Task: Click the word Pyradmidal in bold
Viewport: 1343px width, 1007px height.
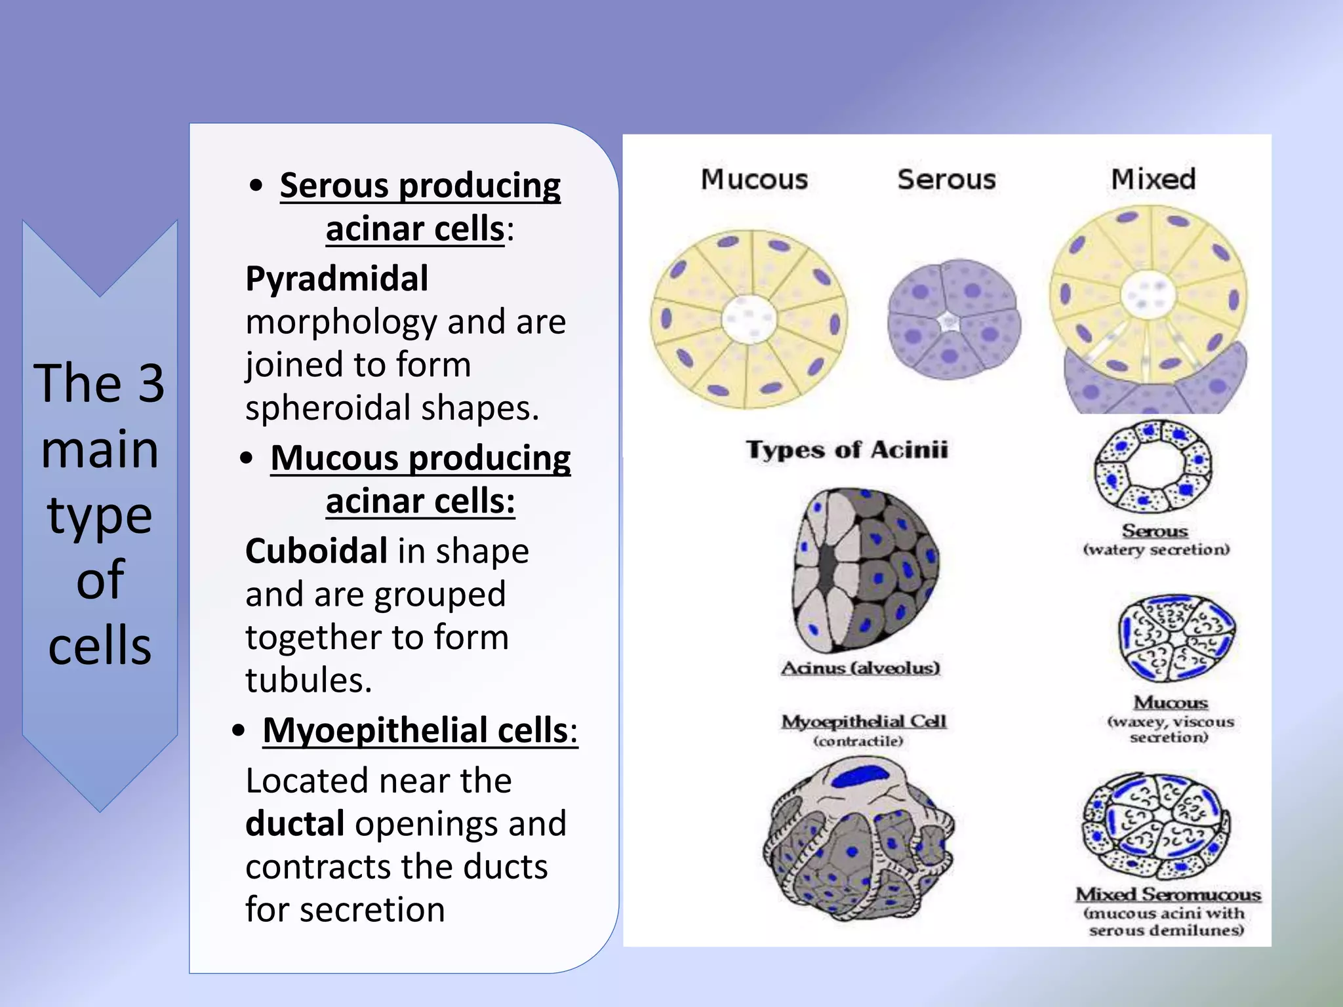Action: [337, 279]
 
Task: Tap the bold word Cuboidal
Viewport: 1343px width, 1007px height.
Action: [316, 551]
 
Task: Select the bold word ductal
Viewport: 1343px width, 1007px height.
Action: [294, 824]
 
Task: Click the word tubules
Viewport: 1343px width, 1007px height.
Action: [308, 680]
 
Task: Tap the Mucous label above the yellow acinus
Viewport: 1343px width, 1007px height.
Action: [754, 180]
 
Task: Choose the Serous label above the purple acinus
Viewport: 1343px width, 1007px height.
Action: [946, 180]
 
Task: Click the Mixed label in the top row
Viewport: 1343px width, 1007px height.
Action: [1153, 179]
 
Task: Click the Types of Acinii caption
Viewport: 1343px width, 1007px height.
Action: [847, 450]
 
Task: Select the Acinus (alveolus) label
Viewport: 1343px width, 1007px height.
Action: [860, 668]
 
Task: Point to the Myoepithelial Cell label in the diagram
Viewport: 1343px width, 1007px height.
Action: [864, 722]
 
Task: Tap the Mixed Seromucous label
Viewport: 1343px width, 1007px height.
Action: [1168, 895]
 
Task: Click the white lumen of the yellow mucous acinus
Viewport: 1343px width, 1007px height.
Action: [749, 319]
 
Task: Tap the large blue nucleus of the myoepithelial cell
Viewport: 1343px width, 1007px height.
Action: [860, 777]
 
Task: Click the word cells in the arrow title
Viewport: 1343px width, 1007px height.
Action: [100, 646]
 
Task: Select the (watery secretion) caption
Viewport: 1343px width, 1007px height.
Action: [1156, 549]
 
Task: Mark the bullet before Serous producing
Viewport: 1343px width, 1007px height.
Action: [256, 186]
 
